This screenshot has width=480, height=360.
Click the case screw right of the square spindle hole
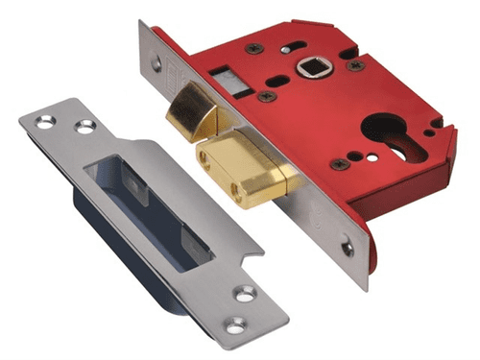point(357,65)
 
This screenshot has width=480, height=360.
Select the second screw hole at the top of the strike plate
point(85,126)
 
